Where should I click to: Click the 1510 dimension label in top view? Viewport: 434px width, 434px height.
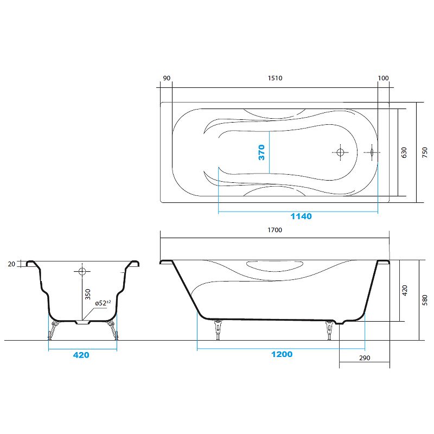(275, 78)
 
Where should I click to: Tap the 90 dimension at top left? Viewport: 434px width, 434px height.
(167, 78)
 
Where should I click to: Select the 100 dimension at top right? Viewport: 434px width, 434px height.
(384, 78)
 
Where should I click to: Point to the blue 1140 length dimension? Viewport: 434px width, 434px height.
(301, 216)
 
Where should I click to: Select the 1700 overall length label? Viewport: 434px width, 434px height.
(275, 230)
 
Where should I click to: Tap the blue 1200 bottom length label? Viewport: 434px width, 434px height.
(282, 354)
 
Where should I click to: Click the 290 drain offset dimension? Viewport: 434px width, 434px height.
(365, 359)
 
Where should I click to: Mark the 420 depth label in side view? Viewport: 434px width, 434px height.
(404, 290)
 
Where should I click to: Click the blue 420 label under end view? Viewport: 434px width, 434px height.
(81, 355)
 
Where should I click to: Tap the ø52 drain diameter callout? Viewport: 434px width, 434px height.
(102, 303)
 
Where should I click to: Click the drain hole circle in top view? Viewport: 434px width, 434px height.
(340, 152)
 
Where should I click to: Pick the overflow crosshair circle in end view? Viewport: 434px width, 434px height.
(81, 270)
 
